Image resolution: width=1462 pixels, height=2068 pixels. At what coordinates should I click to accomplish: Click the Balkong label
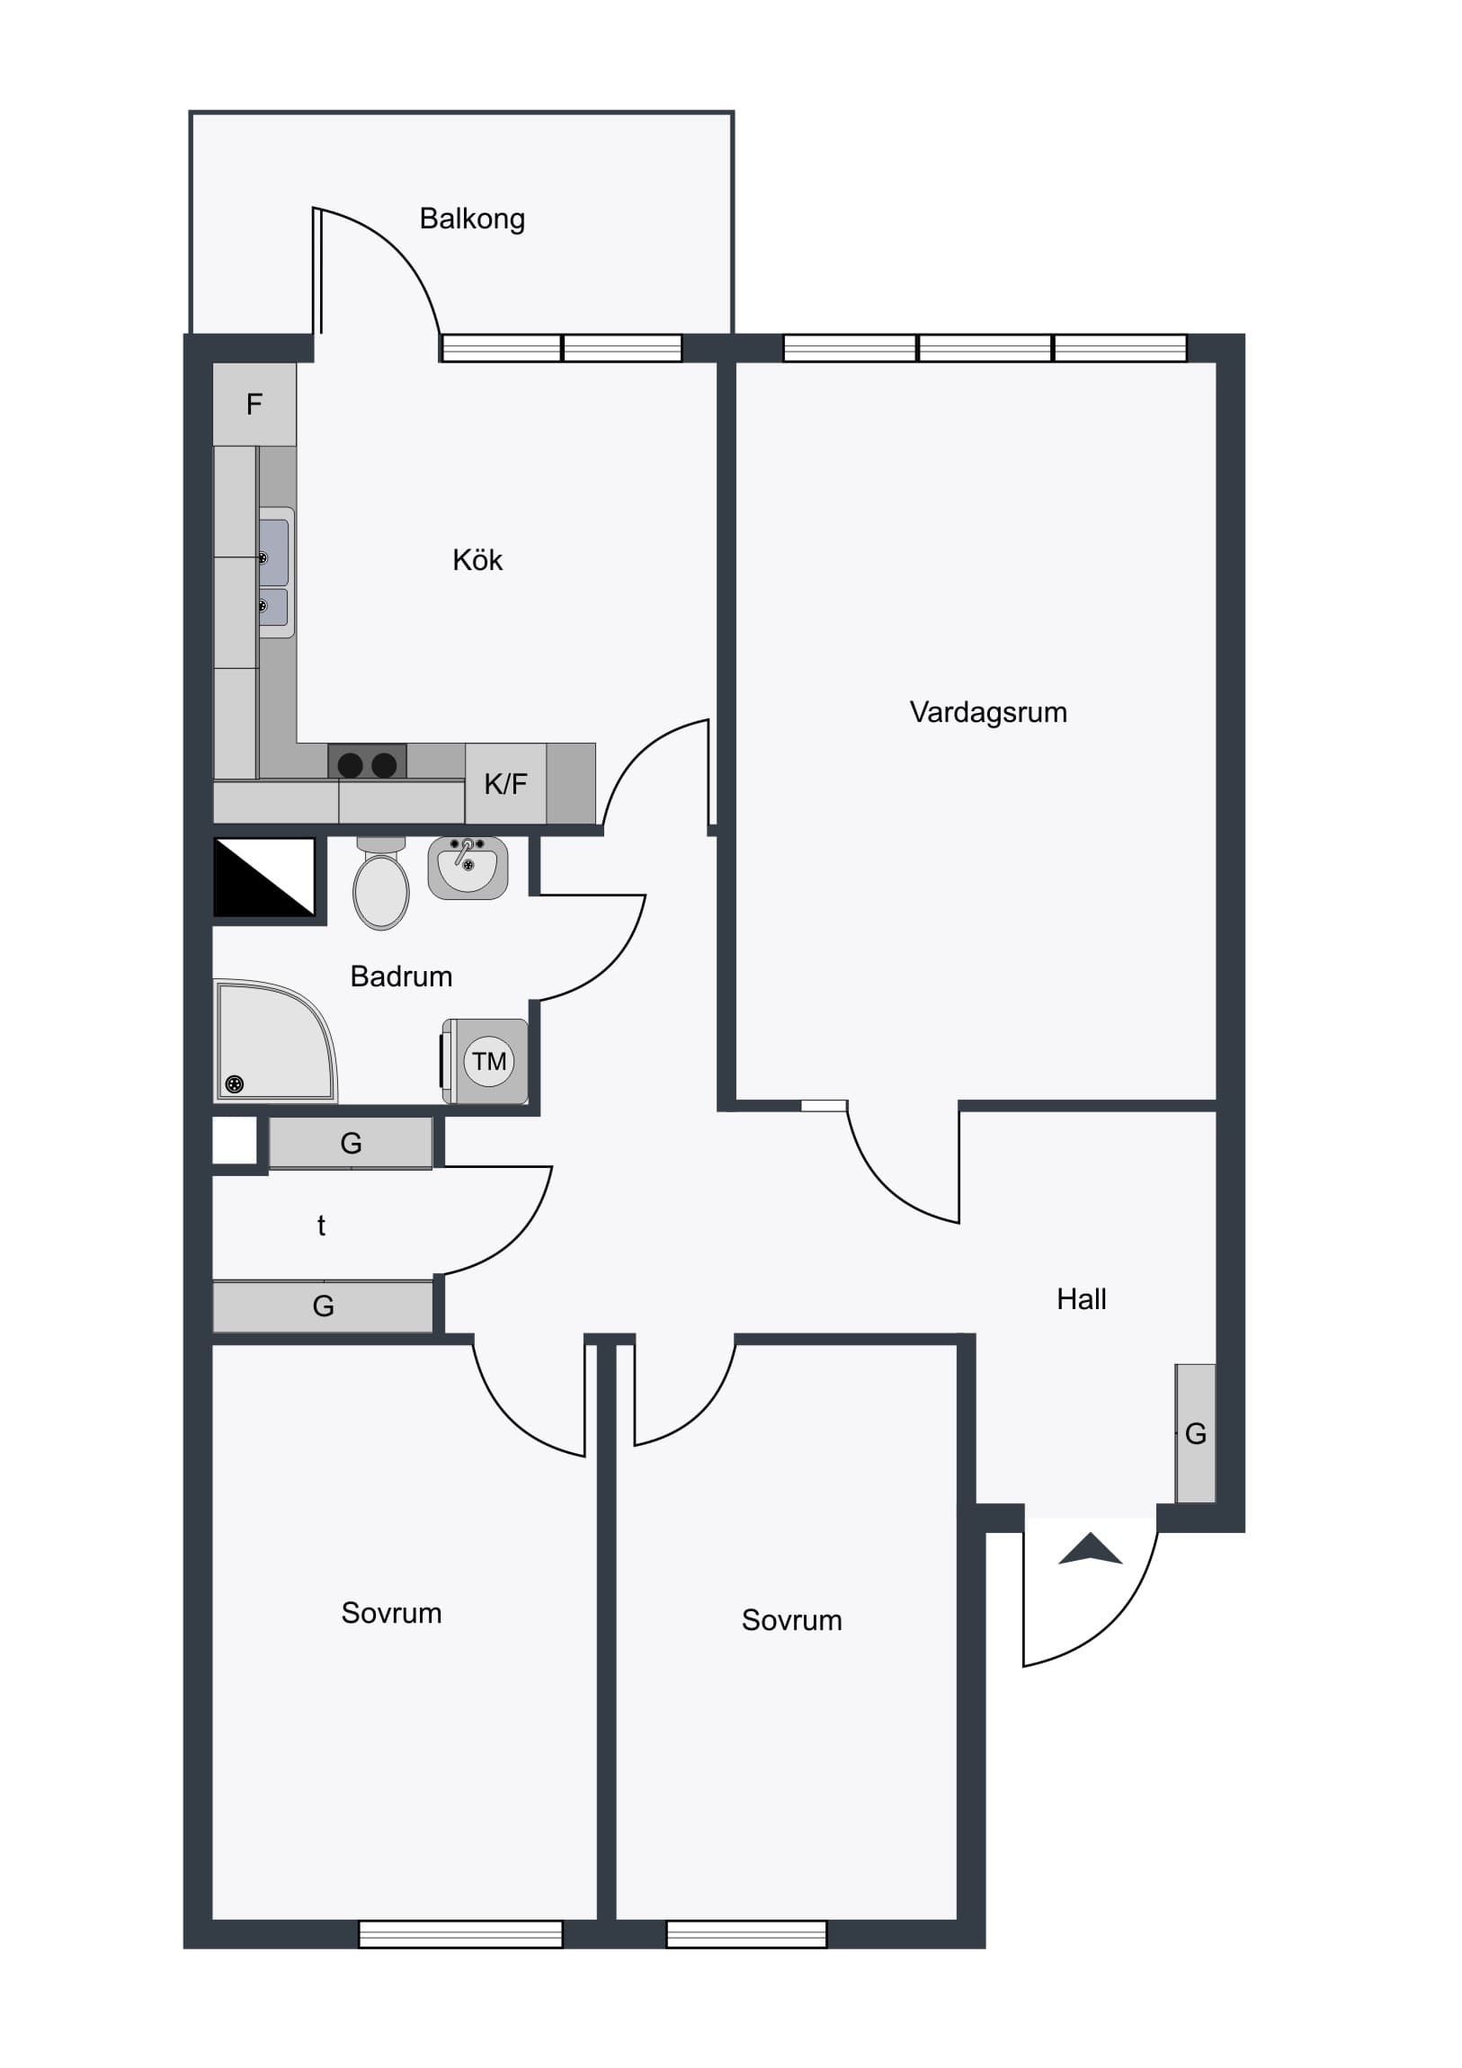472,218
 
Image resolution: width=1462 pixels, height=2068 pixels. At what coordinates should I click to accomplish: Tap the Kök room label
477,559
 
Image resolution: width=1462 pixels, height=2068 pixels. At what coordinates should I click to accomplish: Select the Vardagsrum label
988,712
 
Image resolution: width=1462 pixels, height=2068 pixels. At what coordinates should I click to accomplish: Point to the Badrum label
401,976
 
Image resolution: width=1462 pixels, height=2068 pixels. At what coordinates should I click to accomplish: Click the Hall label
1081,1299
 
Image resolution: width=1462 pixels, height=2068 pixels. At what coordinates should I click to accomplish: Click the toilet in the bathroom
381,884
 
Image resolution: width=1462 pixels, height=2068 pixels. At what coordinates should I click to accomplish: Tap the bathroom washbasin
468,868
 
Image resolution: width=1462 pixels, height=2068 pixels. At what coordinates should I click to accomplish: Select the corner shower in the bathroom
275,1041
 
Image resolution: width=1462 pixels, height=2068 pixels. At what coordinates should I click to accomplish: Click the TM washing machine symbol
486,1061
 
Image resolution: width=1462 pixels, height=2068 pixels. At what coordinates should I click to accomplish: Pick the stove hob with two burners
367,762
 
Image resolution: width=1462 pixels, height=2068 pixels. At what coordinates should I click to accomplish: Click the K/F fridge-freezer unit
505,784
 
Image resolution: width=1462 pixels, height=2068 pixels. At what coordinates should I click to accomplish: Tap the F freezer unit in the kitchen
255,405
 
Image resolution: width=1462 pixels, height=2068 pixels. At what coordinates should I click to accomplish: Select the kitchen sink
276,573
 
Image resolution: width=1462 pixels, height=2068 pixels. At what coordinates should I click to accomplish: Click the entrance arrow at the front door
1090,1548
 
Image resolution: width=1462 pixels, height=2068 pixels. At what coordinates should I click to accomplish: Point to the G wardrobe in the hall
1195,1433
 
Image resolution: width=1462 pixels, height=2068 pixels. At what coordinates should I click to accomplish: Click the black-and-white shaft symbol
264,878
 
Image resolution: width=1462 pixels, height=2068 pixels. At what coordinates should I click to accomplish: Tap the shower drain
234,1083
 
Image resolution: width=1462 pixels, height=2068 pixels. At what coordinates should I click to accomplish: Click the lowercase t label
322,1225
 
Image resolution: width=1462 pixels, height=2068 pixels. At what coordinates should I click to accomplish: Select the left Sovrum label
391,1612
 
